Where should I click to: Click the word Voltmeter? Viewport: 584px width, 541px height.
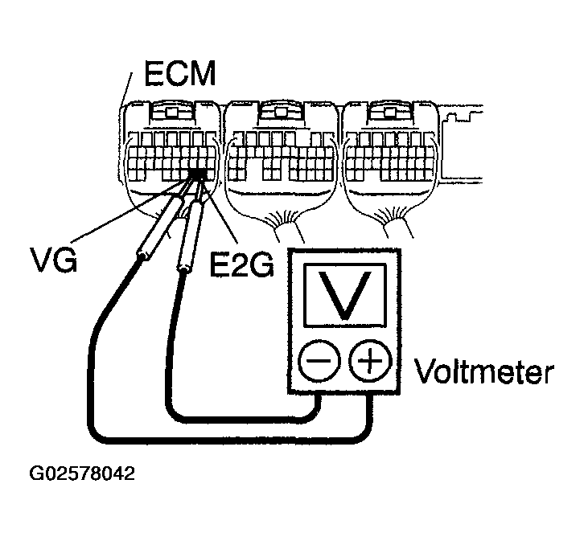pos(483,373)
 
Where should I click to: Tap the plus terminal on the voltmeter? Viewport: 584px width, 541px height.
pos(369,363)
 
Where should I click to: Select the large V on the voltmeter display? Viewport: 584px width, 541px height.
pos(344,295)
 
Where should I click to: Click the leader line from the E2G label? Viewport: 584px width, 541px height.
pos(221,213)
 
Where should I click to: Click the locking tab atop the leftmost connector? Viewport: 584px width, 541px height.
pos(171,113)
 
